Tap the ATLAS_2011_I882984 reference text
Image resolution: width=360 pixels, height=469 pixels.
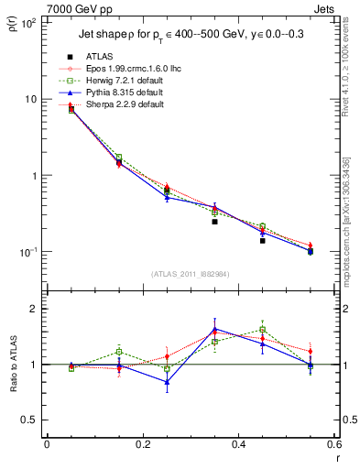(x=191, y=275)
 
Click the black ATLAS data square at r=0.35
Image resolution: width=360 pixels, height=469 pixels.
(x=214, y=221)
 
